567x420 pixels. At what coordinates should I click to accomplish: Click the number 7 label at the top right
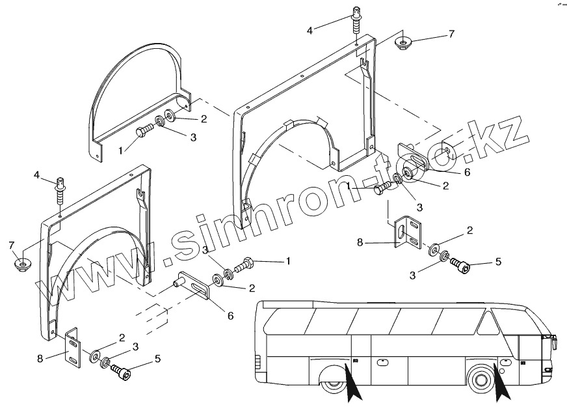451,33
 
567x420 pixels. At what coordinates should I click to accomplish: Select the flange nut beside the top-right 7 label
404,43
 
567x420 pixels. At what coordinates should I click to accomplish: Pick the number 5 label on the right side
498,262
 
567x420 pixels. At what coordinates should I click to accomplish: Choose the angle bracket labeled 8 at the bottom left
73,348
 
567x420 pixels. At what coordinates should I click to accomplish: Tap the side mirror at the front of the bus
555,340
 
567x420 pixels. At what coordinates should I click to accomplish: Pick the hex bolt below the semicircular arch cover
145,132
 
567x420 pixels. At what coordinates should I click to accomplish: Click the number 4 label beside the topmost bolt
310,30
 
